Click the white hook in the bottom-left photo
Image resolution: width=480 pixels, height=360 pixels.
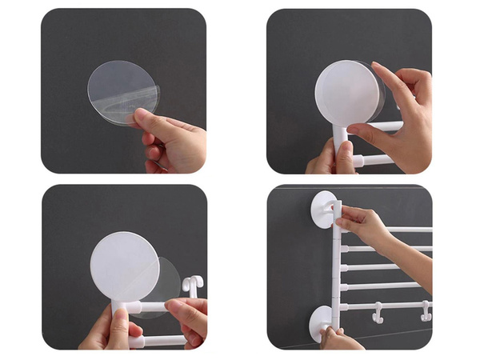click(193, 284)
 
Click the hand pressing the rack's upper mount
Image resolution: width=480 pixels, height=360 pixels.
click(364, 225)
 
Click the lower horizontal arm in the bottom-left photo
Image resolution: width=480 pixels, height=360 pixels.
click(160, 342)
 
